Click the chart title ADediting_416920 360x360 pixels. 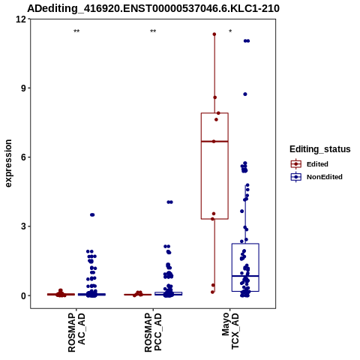point(153,8)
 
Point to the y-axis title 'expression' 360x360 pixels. point(8,163)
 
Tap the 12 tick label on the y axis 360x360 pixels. point(21,19)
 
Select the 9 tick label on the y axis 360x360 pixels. point(24,88)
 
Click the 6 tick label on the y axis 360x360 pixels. point(24,157)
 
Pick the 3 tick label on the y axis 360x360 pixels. point(24,226)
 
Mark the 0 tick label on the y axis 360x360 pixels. point(24,295)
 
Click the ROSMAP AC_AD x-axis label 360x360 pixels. point(76,332)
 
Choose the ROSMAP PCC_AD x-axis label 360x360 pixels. point(153,332)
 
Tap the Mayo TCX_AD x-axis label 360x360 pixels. point(230,331)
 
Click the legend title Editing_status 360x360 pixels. point(320,149)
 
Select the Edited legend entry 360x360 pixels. point(309,164)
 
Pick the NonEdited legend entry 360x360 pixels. point(316,177)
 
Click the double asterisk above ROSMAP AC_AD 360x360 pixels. point(76,31)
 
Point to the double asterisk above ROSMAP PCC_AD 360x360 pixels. point(153,31)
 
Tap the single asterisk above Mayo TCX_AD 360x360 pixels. point(230,31)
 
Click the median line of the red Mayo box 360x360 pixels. point(214,142)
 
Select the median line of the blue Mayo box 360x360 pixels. point(245,276)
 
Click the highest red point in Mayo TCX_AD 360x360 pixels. point(214,34)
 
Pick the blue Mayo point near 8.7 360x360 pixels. point(245,94)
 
